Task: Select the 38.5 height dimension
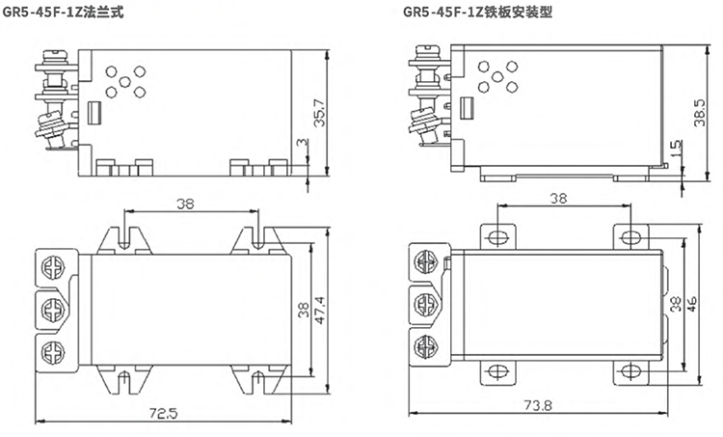click(x=700, y=107)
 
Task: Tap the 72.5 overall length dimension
click(x=163, y=413)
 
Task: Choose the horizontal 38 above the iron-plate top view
click(x=557, y=199)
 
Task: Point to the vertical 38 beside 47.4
click(x=303, y=311)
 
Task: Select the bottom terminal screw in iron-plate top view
click(x=424, y=346)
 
